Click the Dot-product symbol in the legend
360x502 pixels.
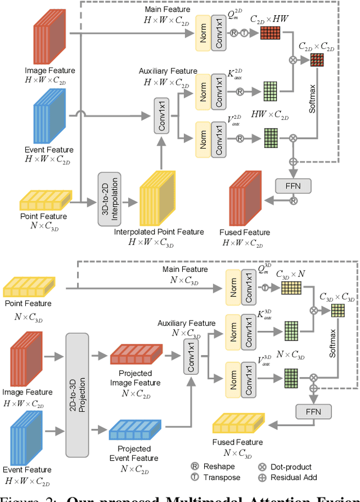(262, 467)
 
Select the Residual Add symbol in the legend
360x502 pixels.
(262, 477)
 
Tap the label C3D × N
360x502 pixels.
(290, 275)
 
